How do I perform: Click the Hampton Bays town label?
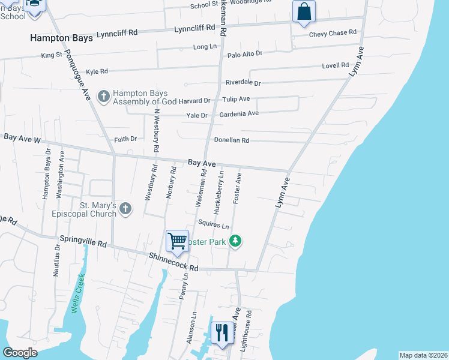(62, 38)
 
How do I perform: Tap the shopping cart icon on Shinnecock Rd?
(178, 241)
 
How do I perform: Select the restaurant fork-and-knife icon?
(222, 332)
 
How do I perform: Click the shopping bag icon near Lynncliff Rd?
(304, 11)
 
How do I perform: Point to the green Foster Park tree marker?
(236, 241)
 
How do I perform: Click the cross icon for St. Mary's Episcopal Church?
(125, 209)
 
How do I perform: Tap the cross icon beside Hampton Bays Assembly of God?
(103, 96)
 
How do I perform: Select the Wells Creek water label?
(76, 293)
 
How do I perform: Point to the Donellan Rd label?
(232, 140)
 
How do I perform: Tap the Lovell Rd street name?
(336, 65)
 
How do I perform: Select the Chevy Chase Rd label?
(333, 34)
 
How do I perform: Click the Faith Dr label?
(125, 139)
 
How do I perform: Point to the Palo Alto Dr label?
(245, 54)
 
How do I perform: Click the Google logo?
(20, 353)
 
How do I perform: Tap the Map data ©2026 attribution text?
(423, 355)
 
